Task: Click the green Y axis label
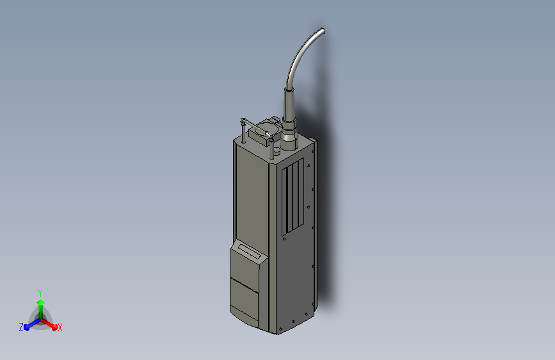(40, 293)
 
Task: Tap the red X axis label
(60, 328)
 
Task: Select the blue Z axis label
(21, 327)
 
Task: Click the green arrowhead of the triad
(40, 302)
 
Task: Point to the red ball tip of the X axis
(54, 327)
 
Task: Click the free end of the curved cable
(322, 31)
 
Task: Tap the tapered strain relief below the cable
(289, 104)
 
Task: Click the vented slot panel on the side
(293, 197)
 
